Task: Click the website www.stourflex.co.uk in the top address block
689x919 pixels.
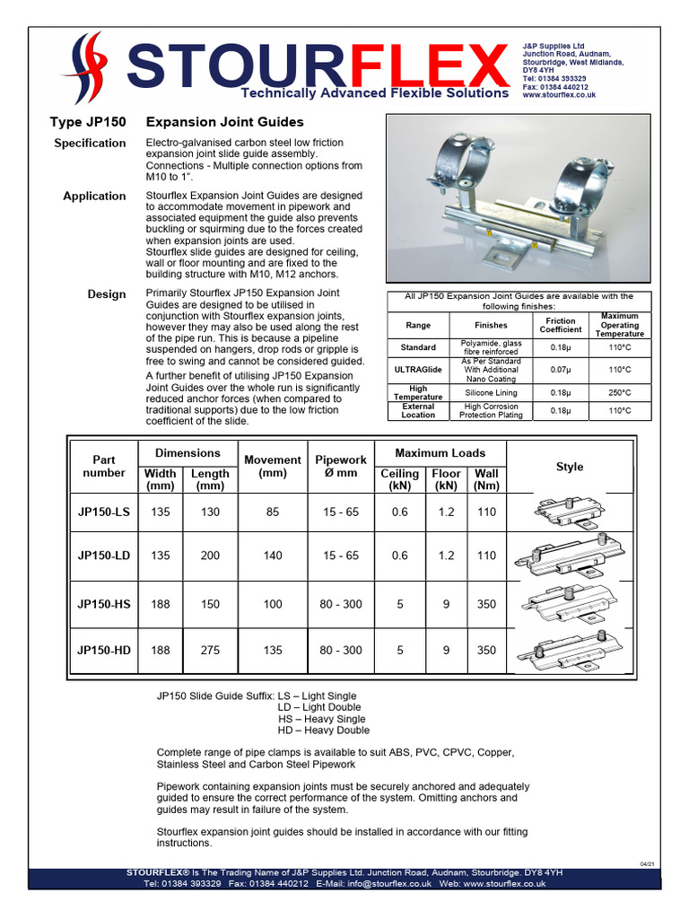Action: (559, 94)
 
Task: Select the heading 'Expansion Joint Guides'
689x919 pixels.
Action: (224, 122)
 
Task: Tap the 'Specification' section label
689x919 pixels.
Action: (90, 144)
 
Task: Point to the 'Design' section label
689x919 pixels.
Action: (107, 294)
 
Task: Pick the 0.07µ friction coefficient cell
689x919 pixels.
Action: (561, 370)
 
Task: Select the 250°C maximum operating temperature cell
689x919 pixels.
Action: (620, 393)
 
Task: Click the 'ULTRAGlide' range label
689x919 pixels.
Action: (418, 370)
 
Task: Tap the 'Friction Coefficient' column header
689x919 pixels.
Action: (561, 325)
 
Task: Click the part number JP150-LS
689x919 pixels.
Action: (104, 512)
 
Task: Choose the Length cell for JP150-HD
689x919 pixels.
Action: (210, 650)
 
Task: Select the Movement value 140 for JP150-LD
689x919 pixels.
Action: (273, 556)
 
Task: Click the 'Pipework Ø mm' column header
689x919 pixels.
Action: (341, 467)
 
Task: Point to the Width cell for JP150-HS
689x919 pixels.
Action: (161, 604)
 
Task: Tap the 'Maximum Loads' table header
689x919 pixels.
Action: (441, 453)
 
